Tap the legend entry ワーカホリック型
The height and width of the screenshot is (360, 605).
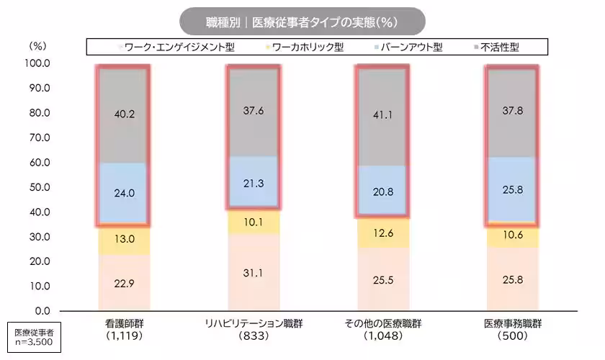click(313, 48)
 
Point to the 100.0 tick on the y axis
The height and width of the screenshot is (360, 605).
click(37, 63)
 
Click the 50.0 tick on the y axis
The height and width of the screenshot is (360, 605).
click(37, 187)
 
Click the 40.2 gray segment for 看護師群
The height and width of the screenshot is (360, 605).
click(124, 113)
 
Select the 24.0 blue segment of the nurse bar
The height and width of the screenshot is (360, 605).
click(124, 192)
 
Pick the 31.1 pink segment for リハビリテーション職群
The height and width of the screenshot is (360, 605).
click(254, 272)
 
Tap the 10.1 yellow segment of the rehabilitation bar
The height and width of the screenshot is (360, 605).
click(254, 222)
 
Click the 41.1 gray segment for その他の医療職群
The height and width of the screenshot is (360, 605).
click(382, 114)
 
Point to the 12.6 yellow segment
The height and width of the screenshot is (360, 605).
click(382, 233)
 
